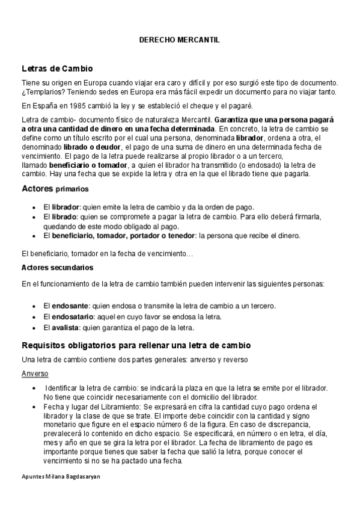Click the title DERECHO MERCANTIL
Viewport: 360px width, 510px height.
click(179, 40)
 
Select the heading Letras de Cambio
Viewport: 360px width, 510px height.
click(56, 68)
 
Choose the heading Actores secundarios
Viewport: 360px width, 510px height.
click(57, 267)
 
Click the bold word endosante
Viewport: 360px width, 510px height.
click(69, 306)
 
